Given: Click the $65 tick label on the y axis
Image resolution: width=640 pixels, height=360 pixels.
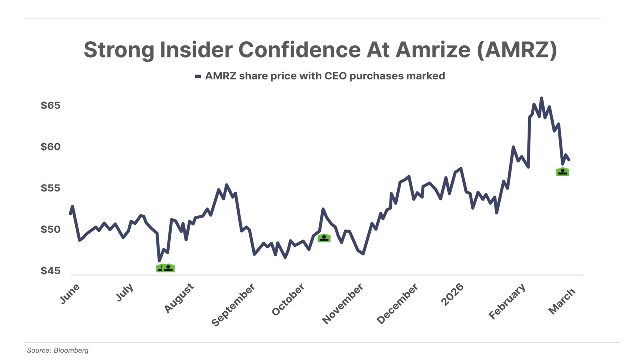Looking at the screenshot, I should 50,106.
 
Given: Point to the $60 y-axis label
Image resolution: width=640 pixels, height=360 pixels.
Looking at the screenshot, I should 50,147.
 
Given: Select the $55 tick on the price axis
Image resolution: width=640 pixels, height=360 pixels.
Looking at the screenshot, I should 50,188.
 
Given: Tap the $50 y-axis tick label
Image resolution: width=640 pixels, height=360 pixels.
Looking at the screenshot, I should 50,230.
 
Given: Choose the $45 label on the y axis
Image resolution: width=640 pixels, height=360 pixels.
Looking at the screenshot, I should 50,271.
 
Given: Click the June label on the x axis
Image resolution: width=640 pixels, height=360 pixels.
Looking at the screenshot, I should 70,294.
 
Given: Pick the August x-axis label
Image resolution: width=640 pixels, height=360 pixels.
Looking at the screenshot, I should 179,298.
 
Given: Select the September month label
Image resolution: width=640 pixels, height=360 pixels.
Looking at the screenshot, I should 233,304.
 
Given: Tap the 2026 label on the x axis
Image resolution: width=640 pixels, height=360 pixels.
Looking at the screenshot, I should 452,294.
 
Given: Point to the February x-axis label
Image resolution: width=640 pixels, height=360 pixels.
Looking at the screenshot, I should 507,301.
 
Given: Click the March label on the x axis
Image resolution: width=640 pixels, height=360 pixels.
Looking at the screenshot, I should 562,301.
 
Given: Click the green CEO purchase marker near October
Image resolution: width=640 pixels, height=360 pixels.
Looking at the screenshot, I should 324,238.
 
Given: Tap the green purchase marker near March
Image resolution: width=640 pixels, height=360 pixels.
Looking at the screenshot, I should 563,172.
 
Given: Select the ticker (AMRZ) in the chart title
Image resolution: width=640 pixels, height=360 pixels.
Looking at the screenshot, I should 517,50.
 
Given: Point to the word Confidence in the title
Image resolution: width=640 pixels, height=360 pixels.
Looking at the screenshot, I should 300,50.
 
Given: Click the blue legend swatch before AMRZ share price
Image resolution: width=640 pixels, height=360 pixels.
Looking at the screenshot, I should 198,76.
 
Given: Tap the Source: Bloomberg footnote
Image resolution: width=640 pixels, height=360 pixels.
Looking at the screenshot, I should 58,350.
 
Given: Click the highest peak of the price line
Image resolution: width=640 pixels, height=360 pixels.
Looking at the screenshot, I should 542,98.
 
